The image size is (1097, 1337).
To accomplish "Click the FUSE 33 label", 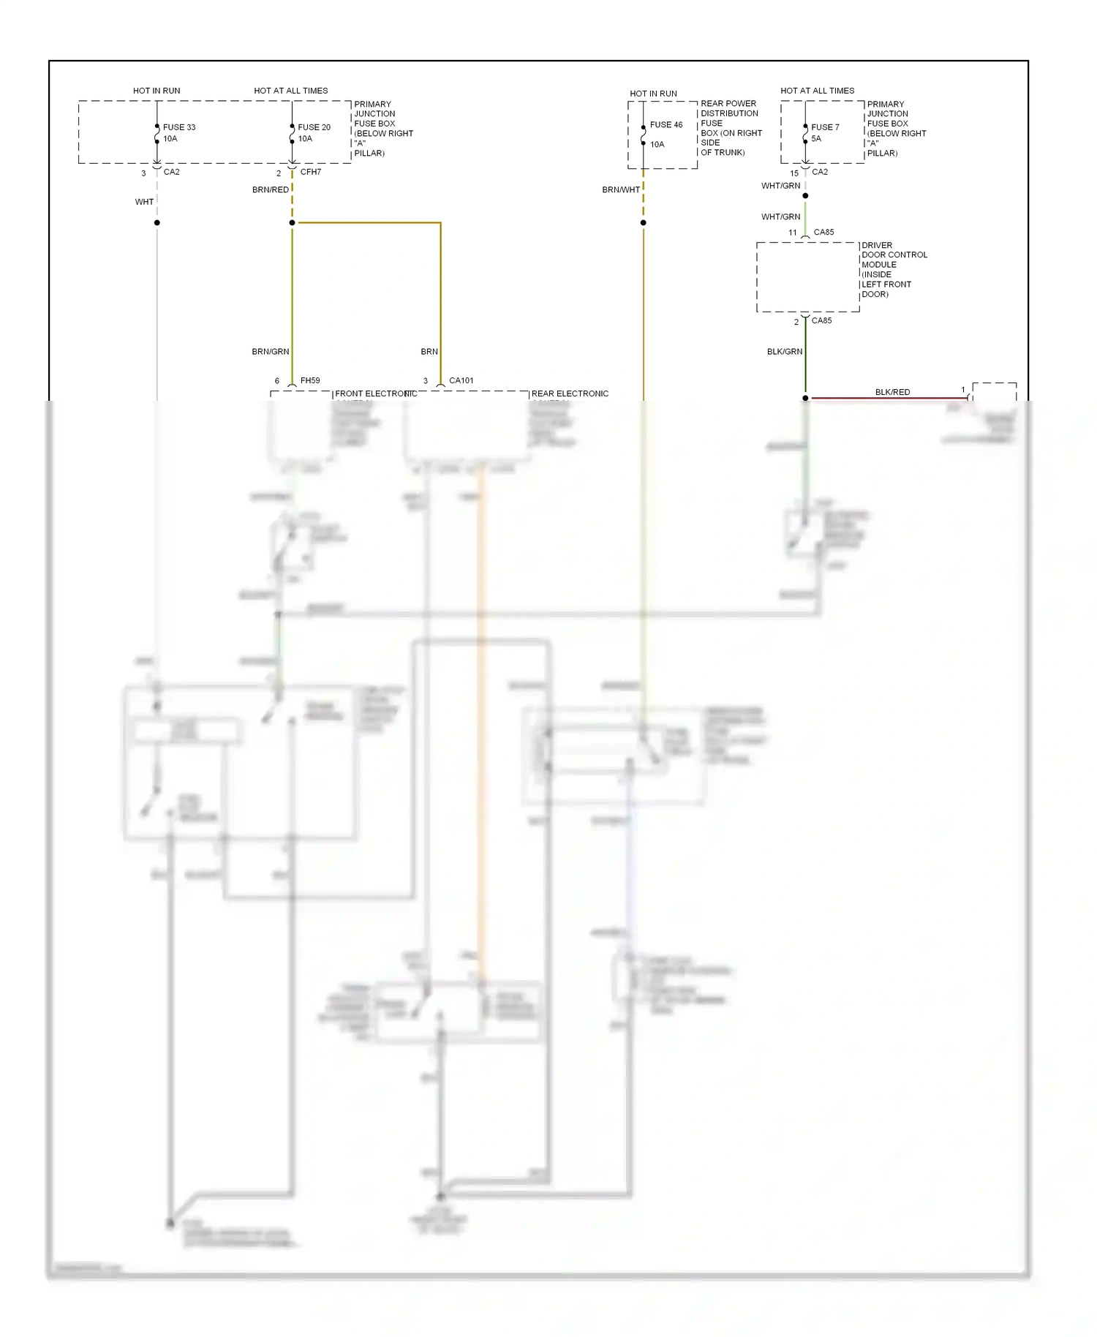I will [x=178, y=127].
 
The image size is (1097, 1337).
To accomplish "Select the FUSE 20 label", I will [x=314, y=127].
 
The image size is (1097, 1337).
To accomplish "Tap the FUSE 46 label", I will [x=666, y=125].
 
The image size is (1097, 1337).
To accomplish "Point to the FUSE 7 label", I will [x=825, y=127].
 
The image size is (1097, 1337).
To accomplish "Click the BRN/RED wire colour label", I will [x=270, y=190].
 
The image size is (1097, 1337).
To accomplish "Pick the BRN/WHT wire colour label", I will [x=621, y=190].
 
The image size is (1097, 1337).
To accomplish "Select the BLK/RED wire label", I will [x=892, y=392].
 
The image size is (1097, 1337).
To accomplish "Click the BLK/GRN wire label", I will [x=784, y=352].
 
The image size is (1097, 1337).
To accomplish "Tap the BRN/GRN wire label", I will [x=270, y=352].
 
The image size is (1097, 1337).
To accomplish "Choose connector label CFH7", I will [x=310, y=172].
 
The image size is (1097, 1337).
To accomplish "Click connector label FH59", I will [x=309, y=380].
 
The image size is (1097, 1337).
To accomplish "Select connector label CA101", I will [x=461, y=380].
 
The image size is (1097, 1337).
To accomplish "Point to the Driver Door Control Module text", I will [x=894, y=270].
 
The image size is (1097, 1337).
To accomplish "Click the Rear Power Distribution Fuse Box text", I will [x=731, y=128].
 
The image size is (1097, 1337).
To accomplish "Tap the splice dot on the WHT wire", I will [x=157, y=222].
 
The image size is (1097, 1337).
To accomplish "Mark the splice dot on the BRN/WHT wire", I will [x=643, y=222].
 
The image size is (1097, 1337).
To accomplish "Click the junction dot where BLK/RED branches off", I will [x=805, y=398].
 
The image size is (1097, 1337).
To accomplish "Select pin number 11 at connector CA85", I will [x=792, y=233].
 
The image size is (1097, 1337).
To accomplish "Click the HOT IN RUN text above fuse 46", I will [x=653, y=94].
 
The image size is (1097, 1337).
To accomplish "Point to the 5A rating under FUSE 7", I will [x=815, y=139].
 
